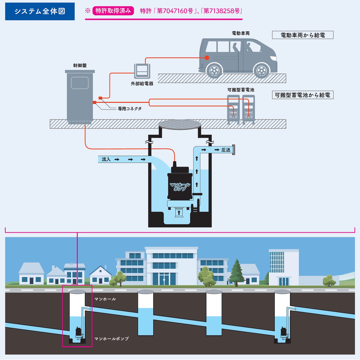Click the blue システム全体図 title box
coord(40,11)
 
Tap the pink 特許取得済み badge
coord(113,11)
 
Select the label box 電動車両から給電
coord(303,35)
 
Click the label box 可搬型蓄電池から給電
coord(303,95)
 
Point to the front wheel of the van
coord(262,71)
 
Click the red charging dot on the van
coord(207,58)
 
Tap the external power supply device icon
coord(142,71)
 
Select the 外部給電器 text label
coord(142,83)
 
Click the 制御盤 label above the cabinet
coord(80,65)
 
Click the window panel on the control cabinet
coord(80,83)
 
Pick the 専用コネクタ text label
coord(130,109)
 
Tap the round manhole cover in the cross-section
coord(180,125)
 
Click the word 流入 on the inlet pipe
coord(106,159)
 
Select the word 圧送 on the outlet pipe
coord(226,150)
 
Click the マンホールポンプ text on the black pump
coord(180,187)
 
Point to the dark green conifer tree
coord(236,272)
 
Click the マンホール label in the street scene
coord(105,299)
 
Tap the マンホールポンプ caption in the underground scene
coord(111,339)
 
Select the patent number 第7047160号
coord(175,11)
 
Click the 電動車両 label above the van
coord(241,33)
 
